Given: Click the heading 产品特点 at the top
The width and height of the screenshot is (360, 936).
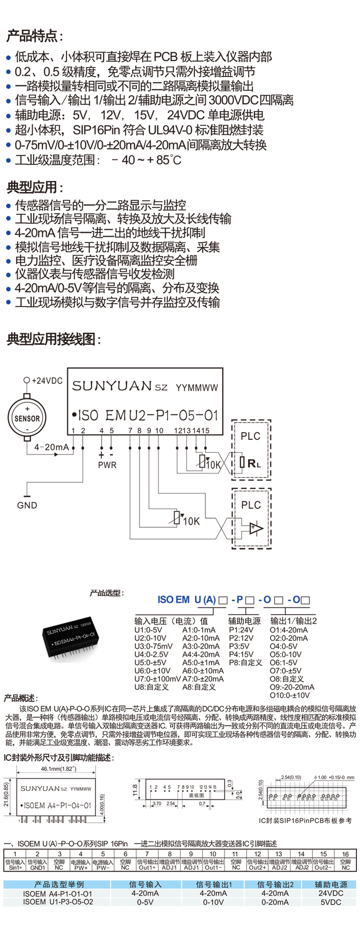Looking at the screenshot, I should [x=34, y=36].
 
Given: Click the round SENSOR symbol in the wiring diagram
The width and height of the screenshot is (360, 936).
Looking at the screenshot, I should [x=27, y=418].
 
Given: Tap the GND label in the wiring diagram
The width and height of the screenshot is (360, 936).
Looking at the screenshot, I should [x=27, y=505].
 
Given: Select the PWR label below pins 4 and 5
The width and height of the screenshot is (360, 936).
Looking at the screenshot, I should [x=107, y=465].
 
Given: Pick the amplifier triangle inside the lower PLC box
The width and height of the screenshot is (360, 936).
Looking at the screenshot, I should [x=255, y=527].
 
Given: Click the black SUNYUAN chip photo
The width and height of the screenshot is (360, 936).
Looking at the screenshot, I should [x=70, y=637].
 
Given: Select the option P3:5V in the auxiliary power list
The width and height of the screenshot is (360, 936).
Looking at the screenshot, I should [x=239, y=646].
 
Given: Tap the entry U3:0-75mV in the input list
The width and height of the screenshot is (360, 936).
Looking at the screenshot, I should [x=153, y=646].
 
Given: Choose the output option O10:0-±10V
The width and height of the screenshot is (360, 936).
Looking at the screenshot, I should [x=289, y=695].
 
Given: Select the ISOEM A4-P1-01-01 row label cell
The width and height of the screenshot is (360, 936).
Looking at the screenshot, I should [x=58, y=893].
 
